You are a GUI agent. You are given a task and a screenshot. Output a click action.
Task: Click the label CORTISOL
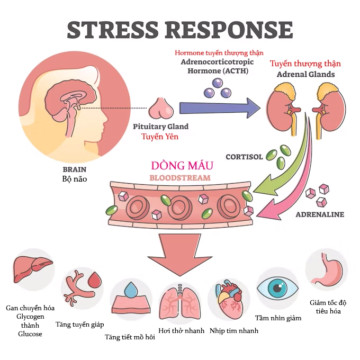(x=244, y=157)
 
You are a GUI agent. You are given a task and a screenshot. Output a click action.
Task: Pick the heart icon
(x=228, y=300)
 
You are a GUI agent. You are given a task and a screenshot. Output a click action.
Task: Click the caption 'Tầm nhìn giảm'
(x=278, y=318)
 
